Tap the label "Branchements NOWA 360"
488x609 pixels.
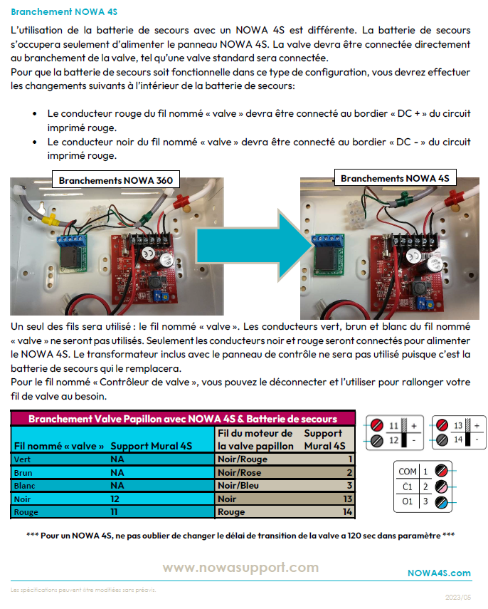click(115, 181)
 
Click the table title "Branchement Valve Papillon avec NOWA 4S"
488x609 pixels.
click(182, 419)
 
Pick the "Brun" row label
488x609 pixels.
click(23, 472)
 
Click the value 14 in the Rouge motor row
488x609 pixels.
click(347, 512)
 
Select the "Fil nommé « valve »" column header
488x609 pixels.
click(59, 446)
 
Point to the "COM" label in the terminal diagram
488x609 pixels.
click(408, 472)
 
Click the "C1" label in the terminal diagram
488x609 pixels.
click(408, 486)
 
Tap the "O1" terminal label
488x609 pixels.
click(408, 501)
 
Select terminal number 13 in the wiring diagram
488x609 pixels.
click(459, 425)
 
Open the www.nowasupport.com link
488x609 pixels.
click(240, 567)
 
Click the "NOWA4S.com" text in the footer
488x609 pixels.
click(439, 573)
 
